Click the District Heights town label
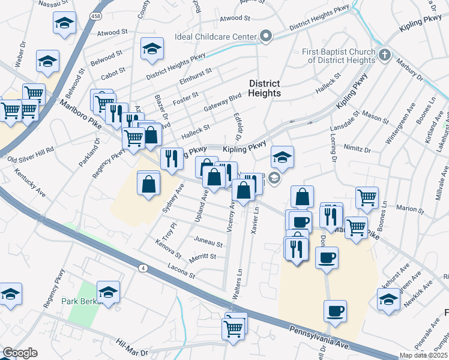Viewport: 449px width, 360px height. point(265,88)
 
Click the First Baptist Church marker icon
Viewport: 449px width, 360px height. point(385,55)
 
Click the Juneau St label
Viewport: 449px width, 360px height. point(208,244)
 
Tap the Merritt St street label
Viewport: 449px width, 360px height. point(202,256)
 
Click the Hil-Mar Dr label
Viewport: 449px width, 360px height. point(131,346)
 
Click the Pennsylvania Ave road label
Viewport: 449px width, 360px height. point(319,339)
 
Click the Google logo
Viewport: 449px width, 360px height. point(20,353)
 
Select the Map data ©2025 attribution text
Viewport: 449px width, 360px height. point(423,355)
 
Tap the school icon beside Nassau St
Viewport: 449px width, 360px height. point(64,24)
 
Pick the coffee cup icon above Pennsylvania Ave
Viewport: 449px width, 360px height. point(336,311)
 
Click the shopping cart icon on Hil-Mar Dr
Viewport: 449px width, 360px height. point(233,328)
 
